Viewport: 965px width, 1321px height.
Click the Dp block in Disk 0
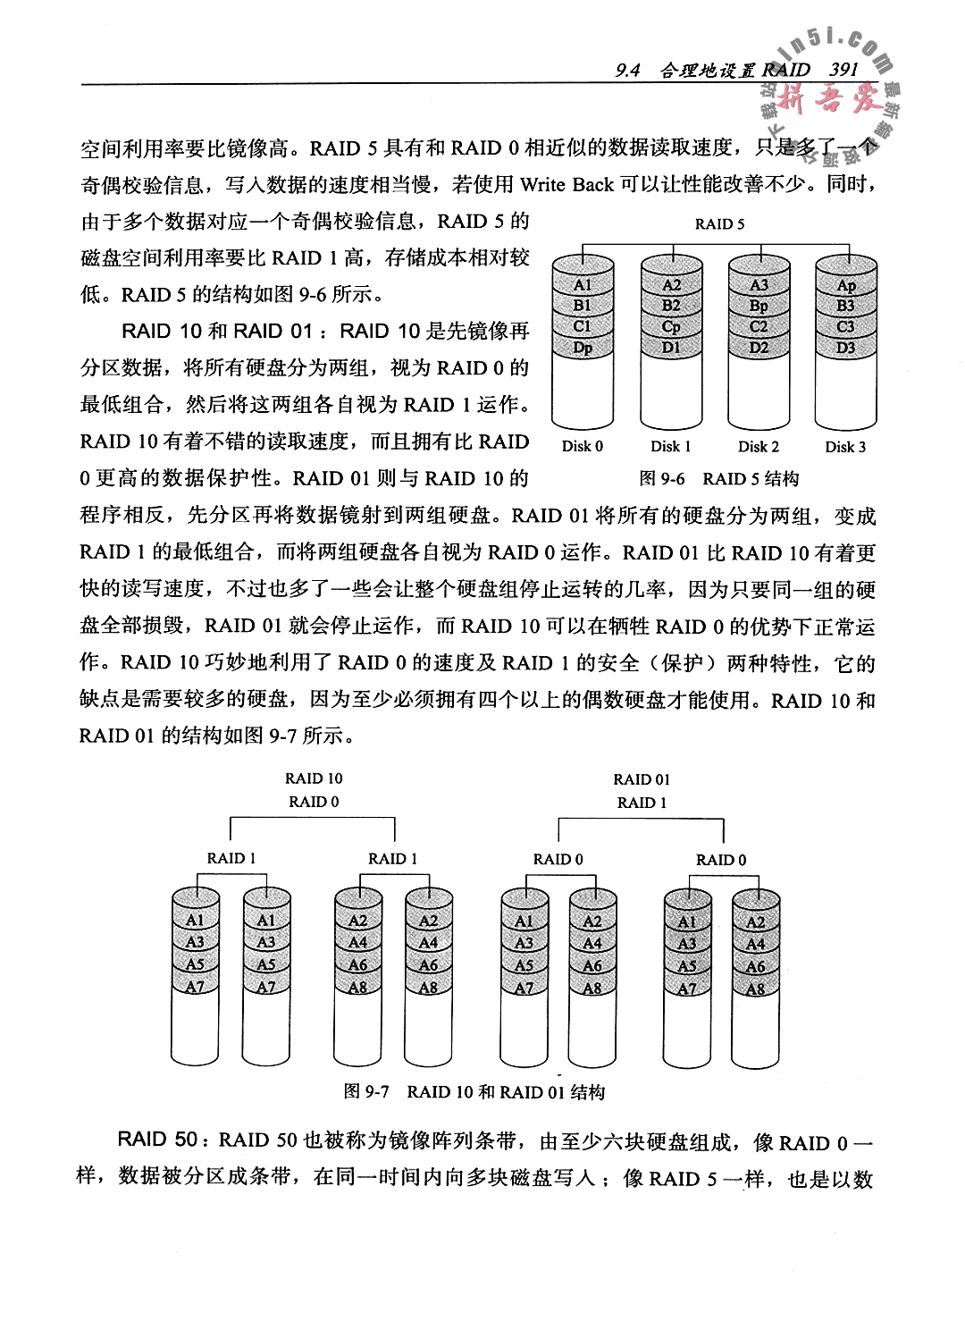pos(582,348)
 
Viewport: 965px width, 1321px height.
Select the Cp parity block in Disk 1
pos(671,326)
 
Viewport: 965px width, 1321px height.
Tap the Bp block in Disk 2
pos(759,306)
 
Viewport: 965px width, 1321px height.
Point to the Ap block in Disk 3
pos(845,285)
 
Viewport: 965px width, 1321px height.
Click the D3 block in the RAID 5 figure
pos(845,348)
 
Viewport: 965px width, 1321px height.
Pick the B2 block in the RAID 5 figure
pos(671,306)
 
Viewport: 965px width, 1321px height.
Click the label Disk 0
pos(583,447)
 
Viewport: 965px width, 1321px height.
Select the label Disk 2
pos(759,447)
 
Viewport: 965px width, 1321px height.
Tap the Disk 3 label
pos(845,447)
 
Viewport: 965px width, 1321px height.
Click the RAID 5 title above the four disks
pos(719,224)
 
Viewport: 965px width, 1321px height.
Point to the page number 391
pos(843,70)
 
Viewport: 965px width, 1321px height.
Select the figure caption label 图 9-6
pos(662,478)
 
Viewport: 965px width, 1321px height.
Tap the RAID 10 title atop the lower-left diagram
pos(314,778)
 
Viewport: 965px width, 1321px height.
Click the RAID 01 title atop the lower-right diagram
pos(642,779)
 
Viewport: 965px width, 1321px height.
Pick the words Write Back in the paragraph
pos(566,185)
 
